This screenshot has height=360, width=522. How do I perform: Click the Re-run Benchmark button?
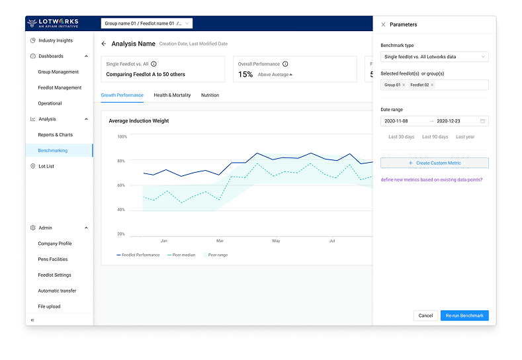point(464,316)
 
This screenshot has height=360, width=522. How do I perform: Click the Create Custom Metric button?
point(435,163)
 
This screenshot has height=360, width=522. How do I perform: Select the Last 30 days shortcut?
point(402,137)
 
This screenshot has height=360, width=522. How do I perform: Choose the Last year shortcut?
point(466,137)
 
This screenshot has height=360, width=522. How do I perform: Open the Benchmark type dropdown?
point(435,57)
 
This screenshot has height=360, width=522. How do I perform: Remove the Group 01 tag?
point(404,85)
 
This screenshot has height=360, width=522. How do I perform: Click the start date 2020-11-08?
point(397,121)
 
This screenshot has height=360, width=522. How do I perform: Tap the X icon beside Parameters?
point(383,24)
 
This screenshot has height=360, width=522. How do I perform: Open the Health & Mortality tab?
point(172,95)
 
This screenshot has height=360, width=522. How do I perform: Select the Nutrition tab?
point(210,95)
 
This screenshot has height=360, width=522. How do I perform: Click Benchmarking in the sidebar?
point(53,151)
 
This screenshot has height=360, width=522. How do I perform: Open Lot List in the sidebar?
point(46,166)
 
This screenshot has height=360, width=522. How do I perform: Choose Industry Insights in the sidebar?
point(56,40)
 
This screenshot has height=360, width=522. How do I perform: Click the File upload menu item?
point(49,306)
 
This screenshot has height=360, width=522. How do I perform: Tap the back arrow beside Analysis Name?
point(104,44)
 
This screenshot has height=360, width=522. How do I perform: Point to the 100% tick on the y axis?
point(122,137)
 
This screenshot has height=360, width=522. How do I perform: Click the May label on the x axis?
point(276,241)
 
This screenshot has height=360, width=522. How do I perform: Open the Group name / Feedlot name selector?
point(147,24)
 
